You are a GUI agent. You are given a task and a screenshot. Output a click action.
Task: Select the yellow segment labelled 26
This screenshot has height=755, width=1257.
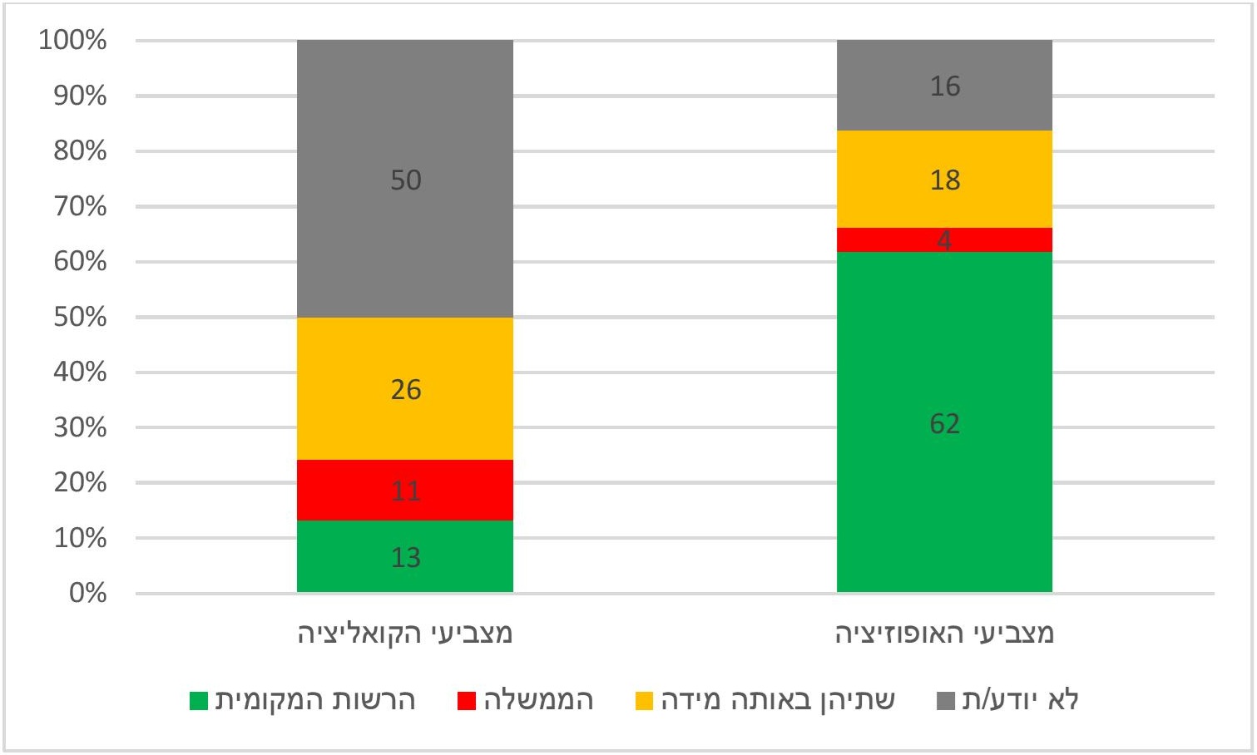(x=405, y=389)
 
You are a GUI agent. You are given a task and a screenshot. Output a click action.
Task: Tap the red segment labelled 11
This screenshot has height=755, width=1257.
(x=405, y=490)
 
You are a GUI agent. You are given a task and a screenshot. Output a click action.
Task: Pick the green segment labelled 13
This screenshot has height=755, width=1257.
(x=405, y=557)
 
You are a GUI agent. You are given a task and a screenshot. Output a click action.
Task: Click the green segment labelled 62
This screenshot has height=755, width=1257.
(x=944, y=422)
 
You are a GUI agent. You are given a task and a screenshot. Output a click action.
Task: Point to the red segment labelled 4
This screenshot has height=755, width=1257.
(x=944, y=239)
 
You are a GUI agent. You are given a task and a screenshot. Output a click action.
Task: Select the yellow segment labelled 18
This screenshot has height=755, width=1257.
(x=944, y=180)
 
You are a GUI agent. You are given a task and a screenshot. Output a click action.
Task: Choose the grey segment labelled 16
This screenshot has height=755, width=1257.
(x=944, y=86)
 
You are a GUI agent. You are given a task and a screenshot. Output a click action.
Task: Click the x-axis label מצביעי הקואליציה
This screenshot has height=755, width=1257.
(x=405, y=634)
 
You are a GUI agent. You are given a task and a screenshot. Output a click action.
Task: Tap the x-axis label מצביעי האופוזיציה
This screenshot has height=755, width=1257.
(x=944, y=634)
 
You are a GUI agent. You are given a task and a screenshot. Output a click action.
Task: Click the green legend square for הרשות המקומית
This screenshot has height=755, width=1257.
(x=199, y=701)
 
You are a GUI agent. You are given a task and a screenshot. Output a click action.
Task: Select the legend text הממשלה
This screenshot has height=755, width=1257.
(x=539, y=700)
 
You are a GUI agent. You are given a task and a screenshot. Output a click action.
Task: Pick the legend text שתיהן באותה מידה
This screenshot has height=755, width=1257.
(x=778, y=700)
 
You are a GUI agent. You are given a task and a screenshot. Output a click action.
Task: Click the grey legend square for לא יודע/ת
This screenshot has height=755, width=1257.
(x=946, y=701)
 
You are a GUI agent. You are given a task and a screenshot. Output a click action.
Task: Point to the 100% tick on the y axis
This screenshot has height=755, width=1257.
(x=73, y=40)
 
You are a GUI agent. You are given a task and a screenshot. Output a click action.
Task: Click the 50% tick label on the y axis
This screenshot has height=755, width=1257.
(x=80, y=317)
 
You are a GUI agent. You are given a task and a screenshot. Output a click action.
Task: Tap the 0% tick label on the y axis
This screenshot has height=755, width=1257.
(x=87, y=593)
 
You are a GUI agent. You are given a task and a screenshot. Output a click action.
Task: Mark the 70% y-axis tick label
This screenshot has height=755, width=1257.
(x=80, y=206)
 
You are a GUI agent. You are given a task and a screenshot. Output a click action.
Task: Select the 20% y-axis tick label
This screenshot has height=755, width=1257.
(x=80, y=482)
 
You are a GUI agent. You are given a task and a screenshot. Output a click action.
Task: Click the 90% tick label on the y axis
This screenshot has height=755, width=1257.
(x=80, y=96)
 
